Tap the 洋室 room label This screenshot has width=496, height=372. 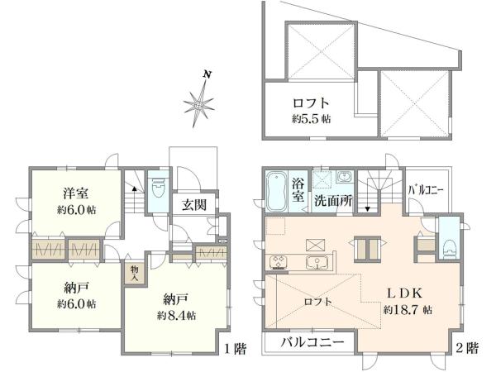75,195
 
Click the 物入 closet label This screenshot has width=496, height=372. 135,272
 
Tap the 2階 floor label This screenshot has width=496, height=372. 468,348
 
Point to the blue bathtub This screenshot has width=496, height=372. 275,191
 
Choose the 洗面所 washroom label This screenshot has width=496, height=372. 333,200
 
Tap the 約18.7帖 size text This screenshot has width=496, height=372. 408,311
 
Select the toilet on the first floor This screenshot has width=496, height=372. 157,188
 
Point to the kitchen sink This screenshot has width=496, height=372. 315,263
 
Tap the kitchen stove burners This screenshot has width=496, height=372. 275,263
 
